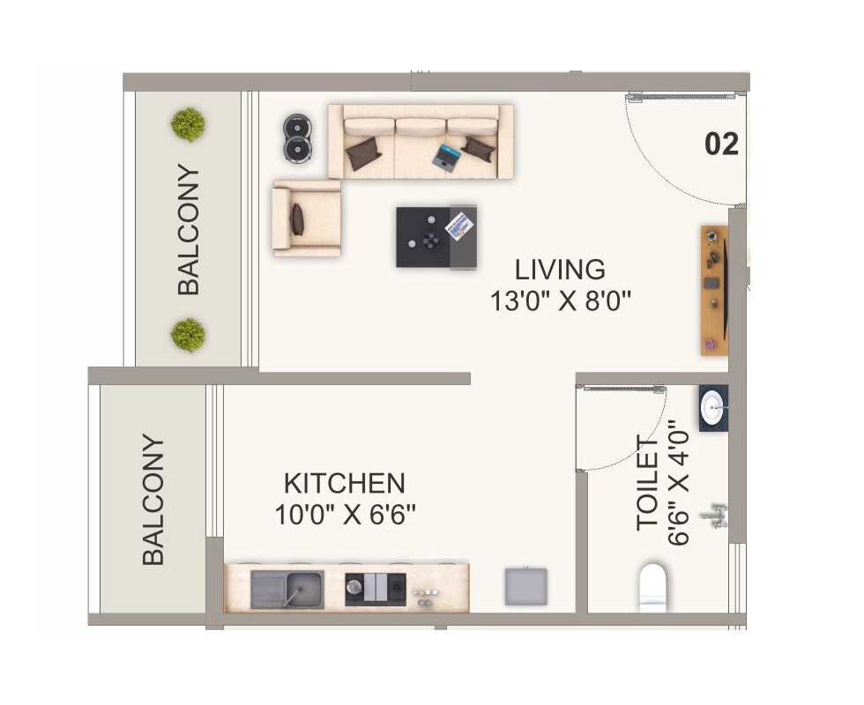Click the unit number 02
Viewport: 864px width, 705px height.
click(x=721, y=144)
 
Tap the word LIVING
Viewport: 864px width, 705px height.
click(x=561, y=268)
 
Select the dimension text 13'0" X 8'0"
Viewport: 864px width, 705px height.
click(x=561, y=301)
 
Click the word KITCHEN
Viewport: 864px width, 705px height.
click(x=344, y=483)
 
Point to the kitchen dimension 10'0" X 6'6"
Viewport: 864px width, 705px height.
click(x=344, y=514)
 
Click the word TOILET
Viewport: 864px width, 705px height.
click(x=648, y=484)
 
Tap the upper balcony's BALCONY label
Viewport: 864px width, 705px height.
click(x=189, y=229)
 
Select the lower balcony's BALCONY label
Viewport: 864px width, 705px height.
click(x=153, y=500)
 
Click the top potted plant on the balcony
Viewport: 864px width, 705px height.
click(x=188, y=124)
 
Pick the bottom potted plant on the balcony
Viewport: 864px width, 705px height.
click(x=188, y=335)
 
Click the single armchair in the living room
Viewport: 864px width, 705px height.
click(x=306, y=219)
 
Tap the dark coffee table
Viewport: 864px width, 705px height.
click(x=436, y=236)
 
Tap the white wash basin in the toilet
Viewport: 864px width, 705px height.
click(x=712, y=407)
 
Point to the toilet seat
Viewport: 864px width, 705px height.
click(x=653, y=585)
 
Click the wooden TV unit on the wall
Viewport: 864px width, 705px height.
click(x=713, y=290)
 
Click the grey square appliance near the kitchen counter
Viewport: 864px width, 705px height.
click(x=525, y=586)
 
